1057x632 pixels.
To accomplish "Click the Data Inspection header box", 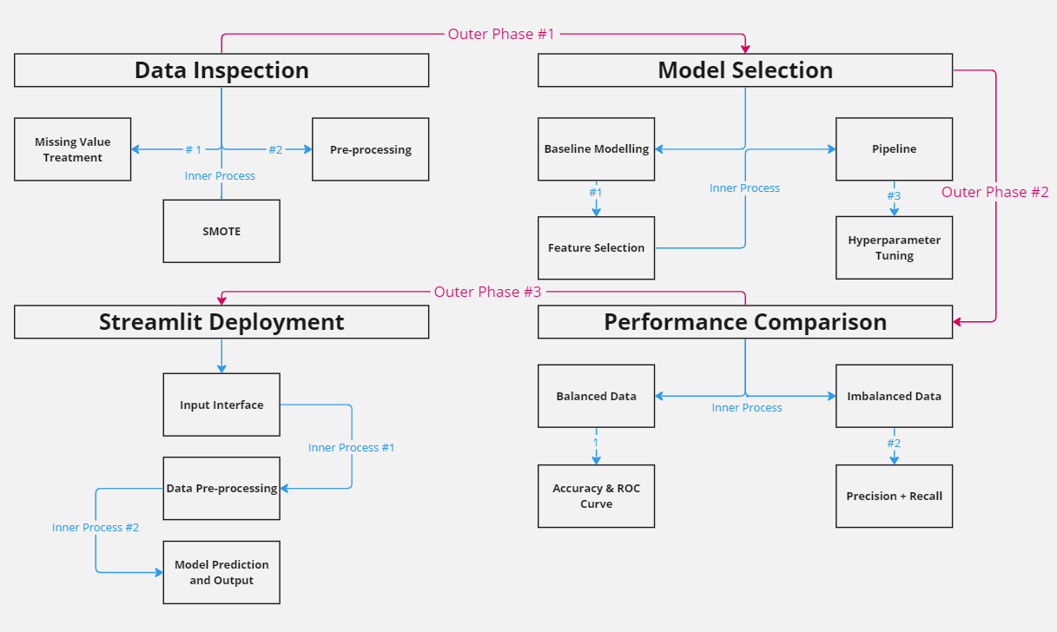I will pos(221,70).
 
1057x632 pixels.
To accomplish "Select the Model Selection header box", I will pos(745,70).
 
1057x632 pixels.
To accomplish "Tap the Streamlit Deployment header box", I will pos(221,322).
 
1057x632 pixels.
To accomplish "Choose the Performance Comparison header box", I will pos(745,322).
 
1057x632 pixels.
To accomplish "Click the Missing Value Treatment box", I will pos(73,149).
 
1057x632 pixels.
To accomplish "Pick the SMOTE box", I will pos(221,232).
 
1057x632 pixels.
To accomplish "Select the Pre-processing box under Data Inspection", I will pos(370,149).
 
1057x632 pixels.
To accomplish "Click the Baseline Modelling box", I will pos(596,149).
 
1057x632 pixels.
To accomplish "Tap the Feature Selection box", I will pos(596,248).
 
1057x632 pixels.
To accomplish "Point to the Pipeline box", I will pos(894,149).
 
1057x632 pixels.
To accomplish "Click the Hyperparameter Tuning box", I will pos(894,248).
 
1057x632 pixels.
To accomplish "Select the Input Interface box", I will pos(221,405).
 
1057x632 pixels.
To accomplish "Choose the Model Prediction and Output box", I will pos(221,572).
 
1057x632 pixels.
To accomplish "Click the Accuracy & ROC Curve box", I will pos(596,497).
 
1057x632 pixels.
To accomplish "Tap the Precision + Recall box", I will pos(894,497).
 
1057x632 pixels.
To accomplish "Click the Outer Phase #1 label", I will pos(500,34).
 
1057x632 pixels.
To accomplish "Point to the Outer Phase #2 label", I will pos(994,192).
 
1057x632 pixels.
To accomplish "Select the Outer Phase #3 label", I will pos(487,292).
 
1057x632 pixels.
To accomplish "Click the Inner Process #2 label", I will pos(96,527).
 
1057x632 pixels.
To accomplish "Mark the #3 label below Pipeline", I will pos(894,195).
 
